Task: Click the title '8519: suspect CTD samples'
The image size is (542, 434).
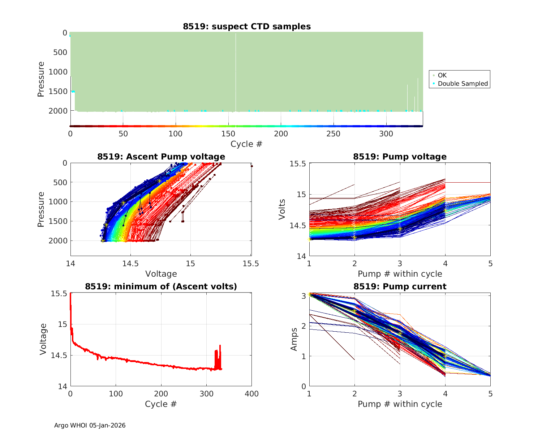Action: tap(247, 26)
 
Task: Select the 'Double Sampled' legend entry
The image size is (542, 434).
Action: tap(463, 84)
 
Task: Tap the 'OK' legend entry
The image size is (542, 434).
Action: tap(442, 75)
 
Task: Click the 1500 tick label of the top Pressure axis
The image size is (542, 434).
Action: tap(58, 92)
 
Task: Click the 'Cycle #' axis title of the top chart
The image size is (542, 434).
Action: tap(246, 144)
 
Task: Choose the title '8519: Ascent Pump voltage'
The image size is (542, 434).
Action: tap(161, 157)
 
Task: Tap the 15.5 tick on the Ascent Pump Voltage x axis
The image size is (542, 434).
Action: tap(251, 264)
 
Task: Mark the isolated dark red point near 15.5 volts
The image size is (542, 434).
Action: tap(252, 166)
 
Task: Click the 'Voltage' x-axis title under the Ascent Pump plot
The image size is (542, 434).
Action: tap(161, 274)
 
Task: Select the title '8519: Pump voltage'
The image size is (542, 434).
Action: tap(400, 157)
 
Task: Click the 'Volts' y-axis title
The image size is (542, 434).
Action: tap(282, 209)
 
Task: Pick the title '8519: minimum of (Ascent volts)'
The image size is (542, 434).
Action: tap(161, 286)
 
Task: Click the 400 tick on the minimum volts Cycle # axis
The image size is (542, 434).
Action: tap(251, 394)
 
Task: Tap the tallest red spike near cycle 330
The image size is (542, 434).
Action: tap(220, 346)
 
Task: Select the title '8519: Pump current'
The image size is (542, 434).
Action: tap(400, 286)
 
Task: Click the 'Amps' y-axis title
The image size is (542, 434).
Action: tap(294, 339)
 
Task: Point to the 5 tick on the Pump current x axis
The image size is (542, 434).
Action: tap(490, 394)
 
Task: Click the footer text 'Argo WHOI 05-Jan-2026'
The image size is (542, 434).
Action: tap(90, 425)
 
